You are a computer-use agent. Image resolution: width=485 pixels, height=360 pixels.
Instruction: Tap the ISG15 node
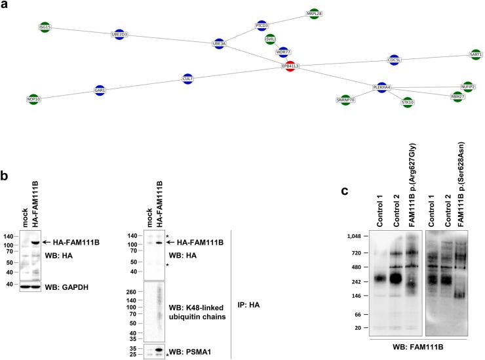click(45, 27)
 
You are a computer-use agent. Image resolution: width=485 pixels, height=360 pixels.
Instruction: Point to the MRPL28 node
click(314, 13)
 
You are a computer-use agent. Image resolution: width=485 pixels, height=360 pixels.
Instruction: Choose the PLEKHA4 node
click(381, 87)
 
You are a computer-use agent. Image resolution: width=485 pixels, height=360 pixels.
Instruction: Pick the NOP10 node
click(34, 99)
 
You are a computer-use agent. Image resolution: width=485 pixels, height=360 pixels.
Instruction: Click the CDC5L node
click(394, 60)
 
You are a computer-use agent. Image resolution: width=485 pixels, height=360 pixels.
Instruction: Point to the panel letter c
click(345, 192)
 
